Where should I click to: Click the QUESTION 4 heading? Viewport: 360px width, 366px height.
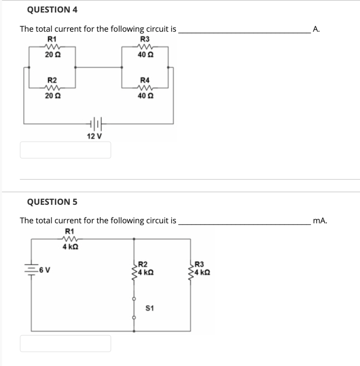(52, 10)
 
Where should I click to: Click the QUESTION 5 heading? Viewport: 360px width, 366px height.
(52, 202)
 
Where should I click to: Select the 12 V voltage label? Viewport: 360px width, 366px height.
(94, 136)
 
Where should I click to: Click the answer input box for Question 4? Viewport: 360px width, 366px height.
(65, 150)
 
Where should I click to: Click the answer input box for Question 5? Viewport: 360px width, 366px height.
(65, 343)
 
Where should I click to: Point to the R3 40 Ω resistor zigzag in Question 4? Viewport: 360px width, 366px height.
(145, 46)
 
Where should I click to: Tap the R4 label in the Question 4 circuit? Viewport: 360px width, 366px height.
(145, 80)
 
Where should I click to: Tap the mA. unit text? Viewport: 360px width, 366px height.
(320, 221)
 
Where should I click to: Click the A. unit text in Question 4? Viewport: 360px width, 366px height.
(316, 29)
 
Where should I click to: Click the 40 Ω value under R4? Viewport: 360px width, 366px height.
(145, 96)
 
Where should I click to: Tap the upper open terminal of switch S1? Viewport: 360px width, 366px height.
(134, 299)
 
